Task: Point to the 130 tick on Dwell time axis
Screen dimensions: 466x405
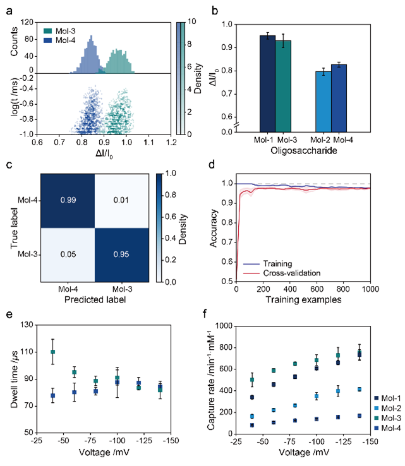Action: [x=28, y=325]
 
